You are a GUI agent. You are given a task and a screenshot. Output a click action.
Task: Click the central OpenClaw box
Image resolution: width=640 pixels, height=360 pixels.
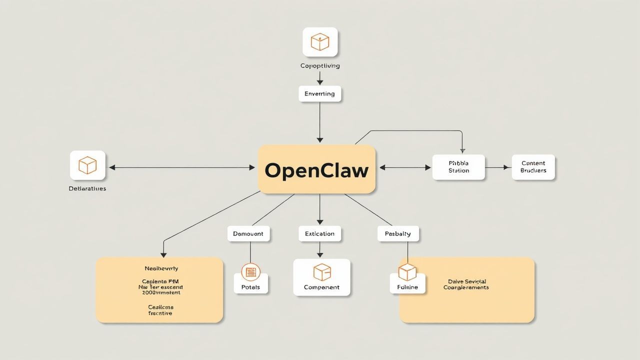click(x=316, y=169)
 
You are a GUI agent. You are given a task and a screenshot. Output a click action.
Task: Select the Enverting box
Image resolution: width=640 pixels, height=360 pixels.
click(x=320, y=94)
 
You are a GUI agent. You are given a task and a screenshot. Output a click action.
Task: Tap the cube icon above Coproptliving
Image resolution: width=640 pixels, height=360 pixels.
click(x=320, y=42)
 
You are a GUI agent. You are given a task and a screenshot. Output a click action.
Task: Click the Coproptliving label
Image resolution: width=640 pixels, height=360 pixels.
click(x=320, y=66)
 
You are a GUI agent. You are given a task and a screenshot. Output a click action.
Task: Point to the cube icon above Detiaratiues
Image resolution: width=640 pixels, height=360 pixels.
click(x=87, y=165)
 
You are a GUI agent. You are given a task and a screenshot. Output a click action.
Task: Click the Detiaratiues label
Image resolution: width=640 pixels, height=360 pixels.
click(x=87, y=189)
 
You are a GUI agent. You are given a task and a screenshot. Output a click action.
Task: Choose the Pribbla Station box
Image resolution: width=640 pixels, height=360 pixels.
click(x=458, y=167)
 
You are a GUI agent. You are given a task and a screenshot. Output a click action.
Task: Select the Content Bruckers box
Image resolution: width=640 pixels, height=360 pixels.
click(x=533, y=167)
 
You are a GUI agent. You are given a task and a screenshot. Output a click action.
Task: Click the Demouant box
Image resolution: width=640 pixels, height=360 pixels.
click(x=248, y=233)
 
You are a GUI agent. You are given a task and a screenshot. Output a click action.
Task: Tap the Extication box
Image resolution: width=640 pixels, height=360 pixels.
click(x=320, y=233)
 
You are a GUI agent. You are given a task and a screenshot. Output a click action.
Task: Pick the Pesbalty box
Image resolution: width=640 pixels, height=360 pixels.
click(x=397, y=233)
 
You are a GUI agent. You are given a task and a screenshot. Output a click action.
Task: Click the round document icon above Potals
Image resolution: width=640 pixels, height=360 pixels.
click(x=250, y=272)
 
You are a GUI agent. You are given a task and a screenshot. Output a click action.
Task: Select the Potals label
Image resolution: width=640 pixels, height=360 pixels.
click(x=250, y=287)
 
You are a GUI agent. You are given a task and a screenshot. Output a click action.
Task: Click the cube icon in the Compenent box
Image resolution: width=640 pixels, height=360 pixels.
click(x=322, y=272)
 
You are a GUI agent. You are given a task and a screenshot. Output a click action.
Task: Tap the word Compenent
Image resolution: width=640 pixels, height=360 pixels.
click(x=321, y=287)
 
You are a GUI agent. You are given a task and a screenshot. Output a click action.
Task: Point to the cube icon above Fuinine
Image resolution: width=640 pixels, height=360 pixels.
click(x=407, y=272)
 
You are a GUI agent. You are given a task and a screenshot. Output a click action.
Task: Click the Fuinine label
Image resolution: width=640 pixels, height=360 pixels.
click(x=407, y=287)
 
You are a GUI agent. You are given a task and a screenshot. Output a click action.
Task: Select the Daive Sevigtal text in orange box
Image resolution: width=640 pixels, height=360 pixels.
click(x=466, y=284)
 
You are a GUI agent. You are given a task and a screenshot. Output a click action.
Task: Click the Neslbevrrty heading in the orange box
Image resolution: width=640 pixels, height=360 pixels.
click(x=161, y=268)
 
